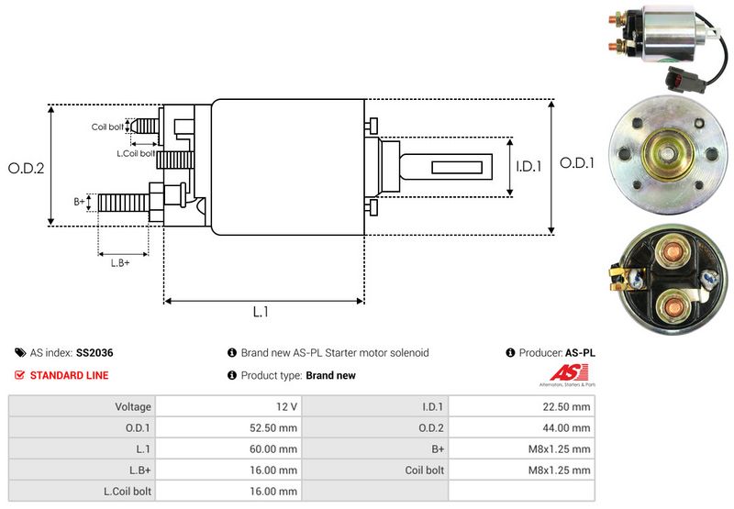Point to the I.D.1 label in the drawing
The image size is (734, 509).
pos(528,167)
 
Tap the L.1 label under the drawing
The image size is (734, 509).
pos(261,312)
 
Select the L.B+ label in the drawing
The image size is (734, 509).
pos(120,263)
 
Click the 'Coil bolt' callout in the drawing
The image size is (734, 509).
pos(107,127)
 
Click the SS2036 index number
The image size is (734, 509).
pos(95,352)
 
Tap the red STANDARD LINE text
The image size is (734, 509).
pos(69,375)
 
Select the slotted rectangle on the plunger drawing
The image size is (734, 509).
pos(456,167)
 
